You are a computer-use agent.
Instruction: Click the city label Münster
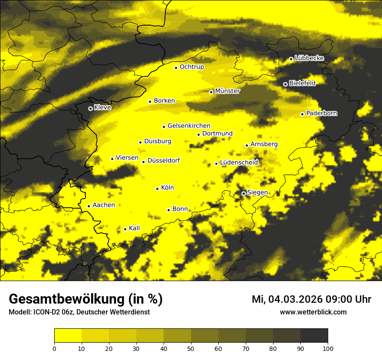pos(227,91)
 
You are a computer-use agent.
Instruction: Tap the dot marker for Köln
pos(157,189)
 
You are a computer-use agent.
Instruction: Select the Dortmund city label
pos(217,134)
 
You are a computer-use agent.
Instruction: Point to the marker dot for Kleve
pos(90,108)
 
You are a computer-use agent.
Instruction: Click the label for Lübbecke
pos(309,58)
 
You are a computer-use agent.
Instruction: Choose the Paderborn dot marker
pos(302,114)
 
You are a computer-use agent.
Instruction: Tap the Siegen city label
pos(257,193)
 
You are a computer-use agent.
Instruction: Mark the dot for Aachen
pos(89,206)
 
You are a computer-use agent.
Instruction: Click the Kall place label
pos(135,228)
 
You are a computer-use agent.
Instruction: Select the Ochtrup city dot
pos(176,68)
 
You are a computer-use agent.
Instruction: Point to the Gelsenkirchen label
pos(189,126)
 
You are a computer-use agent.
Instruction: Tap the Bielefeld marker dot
pos(285,84)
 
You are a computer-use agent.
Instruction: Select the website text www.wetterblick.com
pos(313,312)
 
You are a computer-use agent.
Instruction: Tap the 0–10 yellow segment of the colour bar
pos(68,336)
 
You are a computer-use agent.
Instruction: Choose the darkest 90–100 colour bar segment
pos(314,336)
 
